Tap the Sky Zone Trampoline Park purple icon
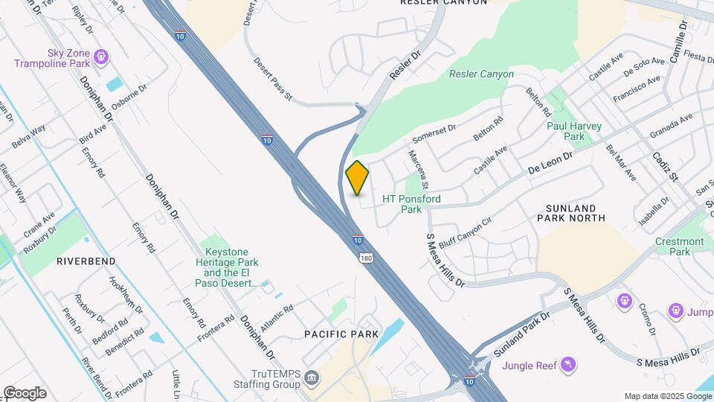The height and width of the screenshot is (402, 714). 101,56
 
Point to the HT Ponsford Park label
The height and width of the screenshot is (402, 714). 411,204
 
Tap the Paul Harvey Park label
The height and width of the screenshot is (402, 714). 573,131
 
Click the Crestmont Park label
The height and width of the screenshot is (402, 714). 679,246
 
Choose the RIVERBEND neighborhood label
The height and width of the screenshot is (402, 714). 86,261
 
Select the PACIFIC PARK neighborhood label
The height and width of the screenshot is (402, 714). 341,334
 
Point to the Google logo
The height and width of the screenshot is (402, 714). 25,392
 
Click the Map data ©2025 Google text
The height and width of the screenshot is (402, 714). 667,396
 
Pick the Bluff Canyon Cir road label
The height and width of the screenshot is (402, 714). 466,232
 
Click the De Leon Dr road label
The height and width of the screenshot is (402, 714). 550,164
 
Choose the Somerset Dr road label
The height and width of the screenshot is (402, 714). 434,133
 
